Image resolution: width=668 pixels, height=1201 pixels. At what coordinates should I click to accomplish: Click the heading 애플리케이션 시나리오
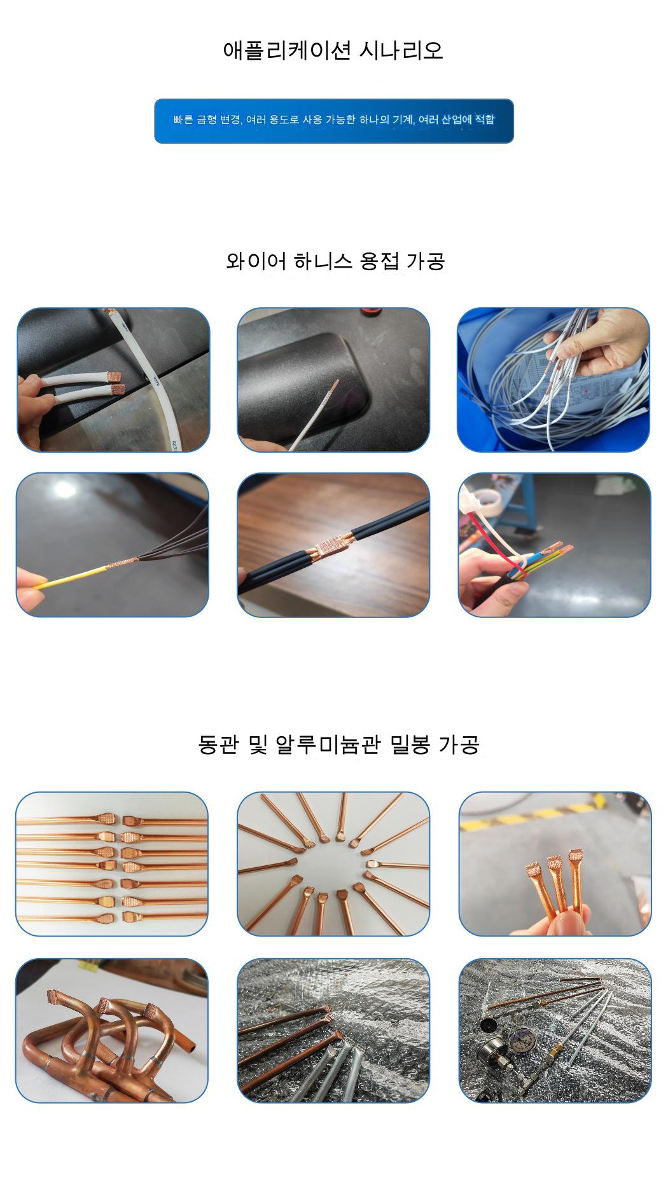click(333, 50)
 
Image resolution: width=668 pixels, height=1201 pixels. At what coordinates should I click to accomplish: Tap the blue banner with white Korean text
click(334, 121)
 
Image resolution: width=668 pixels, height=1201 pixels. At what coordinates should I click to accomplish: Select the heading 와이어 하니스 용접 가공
click(335, 261)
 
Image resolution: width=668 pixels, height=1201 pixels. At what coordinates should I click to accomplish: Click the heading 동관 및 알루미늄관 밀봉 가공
click(338, 745)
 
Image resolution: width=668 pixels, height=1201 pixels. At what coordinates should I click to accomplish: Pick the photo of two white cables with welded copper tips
click(113, 380)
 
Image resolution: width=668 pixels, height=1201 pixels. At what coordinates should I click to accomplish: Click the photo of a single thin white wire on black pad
click(333, 380)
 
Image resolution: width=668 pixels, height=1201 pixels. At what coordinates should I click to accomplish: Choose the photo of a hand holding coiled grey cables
click(553, 380)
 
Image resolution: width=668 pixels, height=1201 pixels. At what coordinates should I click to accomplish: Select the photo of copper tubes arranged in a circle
click(333, 864)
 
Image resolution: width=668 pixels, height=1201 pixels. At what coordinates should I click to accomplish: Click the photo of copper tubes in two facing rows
click(112, 864)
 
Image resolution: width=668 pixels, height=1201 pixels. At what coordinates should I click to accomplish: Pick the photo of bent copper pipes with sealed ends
click(112, 1031)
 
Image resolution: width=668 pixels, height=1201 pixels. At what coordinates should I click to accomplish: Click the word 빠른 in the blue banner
click(183, 120)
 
